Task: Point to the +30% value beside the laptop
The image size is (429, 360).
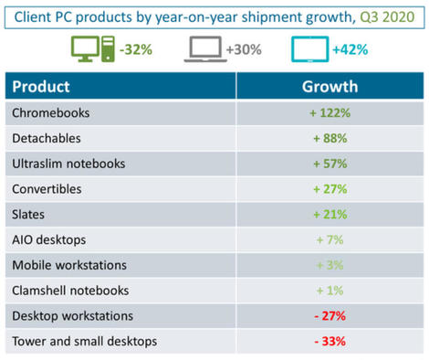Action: coord(244,49)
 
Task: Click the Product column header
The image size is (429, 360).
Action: coord(41,89)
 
